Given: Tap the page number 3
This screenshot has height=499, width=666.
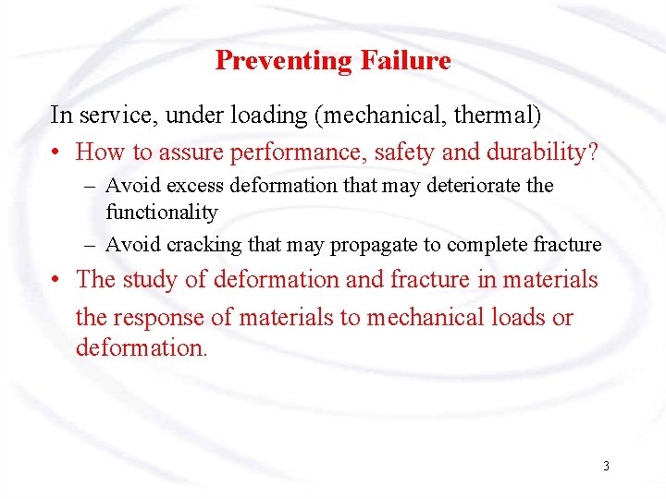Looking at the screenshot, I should (x=606, y=466).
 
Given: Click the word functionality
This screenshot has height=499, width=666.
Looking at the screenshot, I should (x=162, y=212).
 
